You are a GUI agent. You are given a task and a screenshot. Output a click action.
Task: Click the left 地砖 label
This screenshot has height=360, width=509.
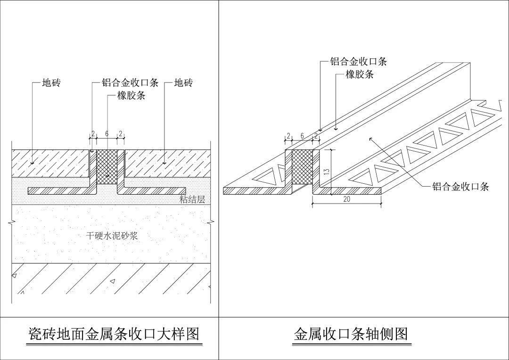pos(51,83)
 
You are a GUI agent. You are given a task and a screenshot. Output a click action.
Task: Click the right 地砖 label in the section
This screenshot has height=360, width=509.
pos(183,83)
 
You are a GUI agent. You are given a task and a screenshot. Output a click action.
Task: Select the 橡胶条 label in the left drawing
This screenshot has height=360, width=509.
pos(131,96)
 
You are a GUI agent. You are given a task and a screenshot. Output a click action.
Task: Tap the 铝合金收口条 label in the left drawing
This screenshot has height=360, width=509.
pos(130,83)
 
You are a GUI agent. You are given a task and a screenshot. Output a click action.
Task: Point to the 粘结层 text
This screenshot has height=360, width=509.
pos(192,199)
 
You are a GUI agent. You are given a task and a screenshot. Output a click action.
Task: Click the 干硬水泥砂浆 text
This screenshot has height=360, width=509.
pos(112,236)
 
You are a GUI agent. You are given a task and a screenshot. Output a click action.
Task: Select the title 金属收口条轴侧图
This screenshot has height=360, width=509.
pos(351,334)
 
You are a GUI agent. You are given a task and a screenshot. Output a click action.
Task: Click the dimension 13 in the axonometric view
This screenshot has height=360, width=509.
pos(327,172)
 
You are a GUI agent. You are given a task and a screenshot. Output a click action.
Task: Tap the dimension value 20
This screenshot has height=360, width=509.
pos(346,199)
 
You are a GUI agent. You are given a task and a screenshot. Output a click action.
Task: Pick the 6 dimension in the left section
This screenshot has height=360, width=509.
pos(107,134)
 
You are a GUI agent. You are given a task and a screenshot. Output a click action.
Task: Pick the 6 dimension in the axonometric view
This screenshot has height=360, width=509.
pos(302,136)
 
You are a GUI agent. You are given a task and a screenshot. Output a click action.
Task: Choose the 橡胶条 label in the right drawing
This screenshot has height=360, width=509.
pos(360,74)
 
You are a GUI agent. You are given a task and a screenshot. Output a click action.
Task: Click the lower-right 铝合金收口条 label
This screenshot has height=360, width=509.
pos(460,187)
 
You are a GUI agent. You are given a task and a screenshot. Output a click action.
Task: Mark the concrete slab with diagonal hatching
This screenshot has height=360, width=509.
pos(111,278)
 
